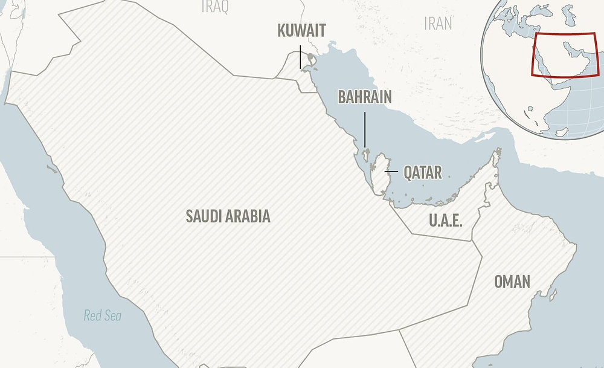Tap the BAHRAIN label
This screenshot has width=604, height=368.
pos(364,97)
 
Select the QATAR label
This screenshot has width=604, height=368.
pos(423,173)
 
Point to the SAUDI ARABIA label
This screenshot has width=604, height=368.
pos(228,216)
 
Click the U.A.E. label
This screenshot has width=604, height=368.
pos(446,221)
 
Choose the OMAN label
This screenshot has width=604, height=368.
pos(512,281)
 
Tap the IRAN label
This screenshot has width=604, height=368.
pos(438,24)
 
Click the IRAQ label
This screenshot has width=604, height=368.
pos(215,6)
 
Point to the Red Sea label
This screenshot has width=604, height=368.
pos(102,315)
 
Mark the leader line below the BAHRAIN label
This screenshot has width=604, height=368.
pos(365,127)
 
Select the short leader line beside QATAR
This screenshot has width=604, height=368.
pos(391,173)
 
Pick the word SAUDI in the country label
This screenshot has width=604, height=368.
pos(203,216)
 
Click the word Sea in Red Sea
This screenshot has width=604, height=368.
pos(112,315)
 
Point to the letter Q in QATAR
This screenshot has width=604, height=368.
pos(408,173)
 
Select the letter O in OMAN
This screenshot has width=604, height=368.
pos(500,281)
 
